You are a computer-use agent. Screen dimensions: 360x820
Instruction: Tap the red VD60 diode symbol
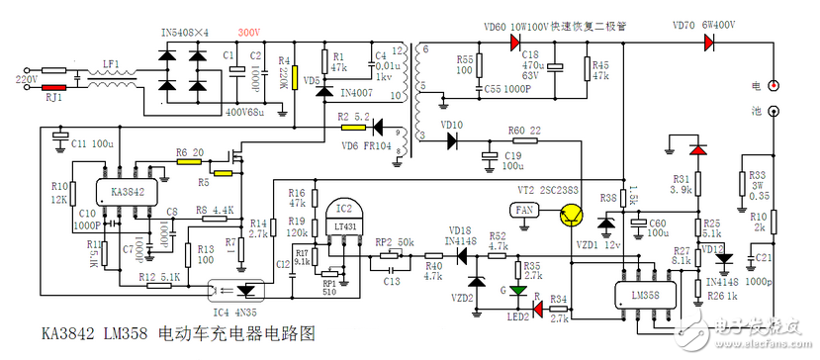515,43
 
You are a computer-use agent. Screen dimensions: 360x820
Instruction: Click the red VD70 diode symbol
709,43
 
